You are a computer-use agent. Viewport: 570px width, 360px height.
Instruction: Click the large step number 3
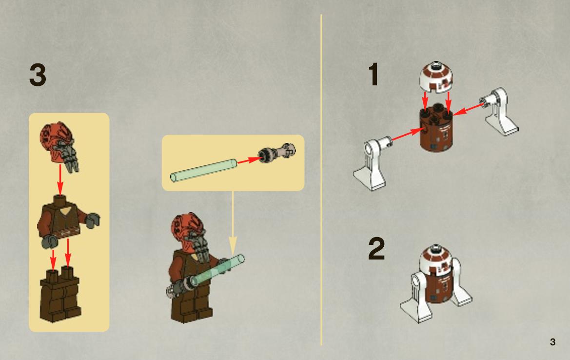click(x=38, y=75)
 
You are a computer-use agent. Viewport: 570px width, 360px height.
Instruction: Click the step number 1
click(x=373, y=74)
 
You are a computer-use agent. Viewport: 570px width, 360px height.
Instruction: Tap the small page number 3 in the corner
click(x=552, y=342)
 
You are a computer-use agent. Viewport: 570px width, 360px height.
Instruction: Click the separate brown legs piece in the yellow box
click(x=60, y=295)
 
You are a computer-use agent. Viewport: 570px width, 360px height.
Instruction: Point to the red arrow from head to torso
click(x=60, y=180)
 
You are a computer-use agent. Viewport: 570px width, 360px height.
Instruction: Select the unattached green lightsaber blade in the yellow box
click(x=204, y=170)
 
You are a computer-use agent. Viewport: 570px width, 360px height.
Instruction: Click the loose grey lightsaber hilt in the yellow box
click(x=277, y=152)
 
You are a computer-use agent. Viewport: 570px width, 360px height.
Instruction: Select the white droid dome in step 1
click(x=436, y=77)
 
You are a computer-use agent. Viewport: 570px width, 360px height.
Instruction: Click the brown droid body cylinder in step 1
click(x=436, y=130)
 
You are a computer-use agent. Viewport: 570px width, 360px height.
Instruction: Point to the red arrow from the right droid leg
click(x=470, y=109)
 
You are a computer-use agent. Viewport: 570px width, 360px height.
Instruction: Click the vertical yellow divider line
click(x=321, y=180)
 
